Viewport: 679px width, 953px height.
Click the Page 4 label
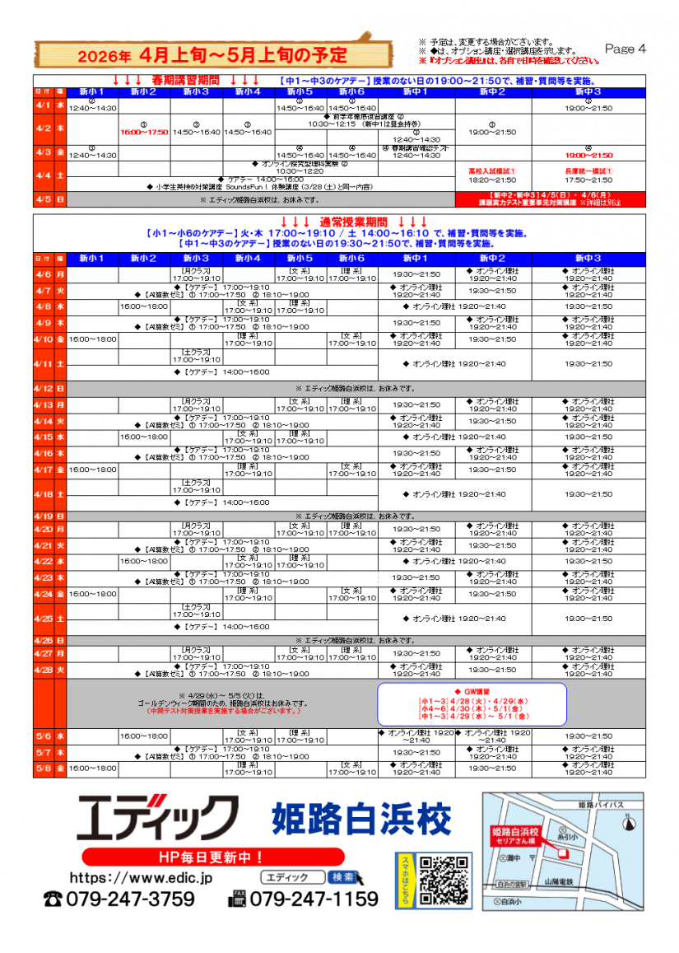pyautogui.click(x=625, y=49)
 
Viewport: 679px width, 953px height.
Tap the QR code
pyautogui.click(x=444, y=881)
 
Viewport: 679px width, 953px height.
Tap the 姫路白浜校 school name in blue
pyautogui.click(x=361, y=819)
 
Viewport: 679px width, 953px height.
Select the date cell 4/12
pyautogui.click(x=43, y=388)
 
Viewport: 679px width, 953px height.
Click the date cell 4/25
pyautogui.click(x=43, y=619)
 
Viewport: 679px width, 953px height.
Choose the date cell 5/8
pyautogui.click(x=43, y=768)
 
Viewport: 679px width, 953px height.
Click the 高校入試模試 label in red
pyautogui.click(x=491, y=171)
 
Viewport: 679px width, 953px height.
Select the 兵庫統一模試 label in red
pyautogui.click(x=588, y=171)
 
